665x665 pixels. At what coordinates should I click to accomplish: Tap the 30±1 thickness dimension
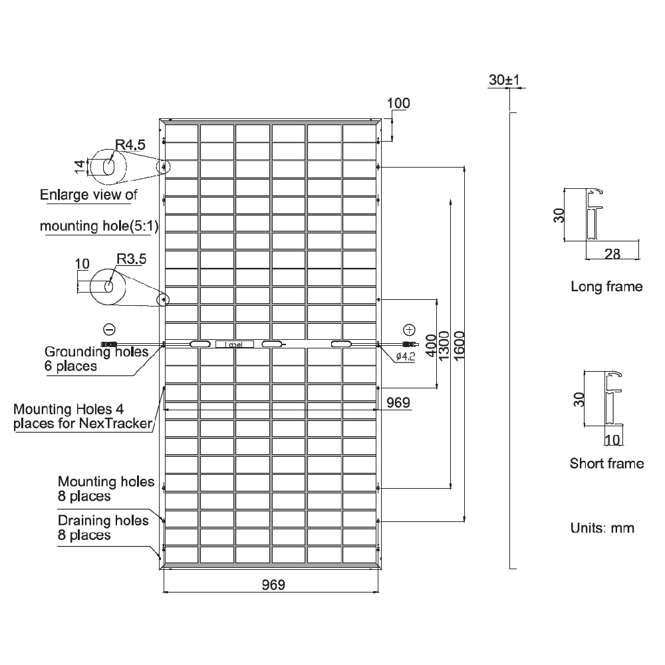507,80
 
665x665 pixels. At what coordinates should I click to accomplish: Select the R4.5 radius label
130,144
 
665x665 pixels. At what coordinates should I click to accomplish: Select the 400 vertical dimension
430,342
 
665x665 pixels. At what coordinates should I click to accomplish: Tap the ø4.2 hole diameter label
406,357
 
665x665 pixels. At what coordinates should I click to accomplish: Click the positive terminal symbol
409,329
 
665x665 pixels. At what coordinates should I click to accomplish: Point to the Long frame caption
606,287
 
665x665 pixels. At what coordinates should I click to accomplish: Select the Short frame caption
606,463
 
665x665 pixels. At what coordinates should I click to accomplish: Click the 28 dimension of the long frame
613,253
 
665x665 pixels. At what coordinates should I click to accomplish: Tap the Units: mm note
602,528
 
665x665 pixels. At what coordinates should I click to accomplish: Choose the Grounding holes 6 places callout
96,358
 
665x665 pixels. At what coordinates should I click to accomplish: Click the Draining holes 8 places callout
103,527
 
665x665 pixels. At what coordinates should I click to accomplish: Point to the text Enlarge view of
88,195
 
